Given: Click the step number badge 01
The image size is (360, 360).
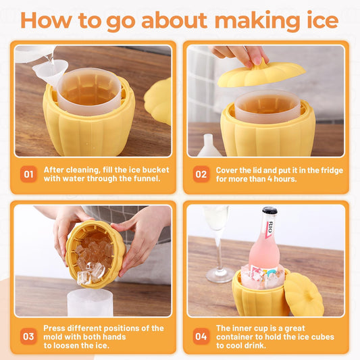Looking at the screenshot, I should click(28, 175).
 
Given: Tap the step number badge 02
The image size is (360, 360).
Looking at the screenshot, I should click(201, 175).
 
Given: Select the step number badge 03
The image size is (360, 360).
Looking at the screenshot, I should click(28, 336).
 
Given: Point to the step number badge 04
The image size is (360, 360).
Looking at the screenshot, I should click(201, 336).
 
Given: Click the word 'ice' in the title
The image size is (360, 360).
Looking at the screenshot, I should click(317, 20).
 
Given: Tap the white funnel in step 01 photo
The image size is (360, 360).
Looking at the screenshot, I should click(53, 71).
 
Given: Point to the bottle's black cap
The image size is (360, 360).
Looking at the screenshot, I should click(269, 212).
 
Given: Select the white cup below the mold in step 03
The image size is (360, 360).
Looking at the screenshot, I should click(90, 303).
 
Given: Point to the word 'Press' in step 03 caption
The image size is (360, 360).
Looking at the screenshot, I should click(56, 328).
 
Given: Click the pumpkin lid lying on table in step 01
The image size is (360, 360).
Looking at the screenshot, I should click(159, 100).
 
